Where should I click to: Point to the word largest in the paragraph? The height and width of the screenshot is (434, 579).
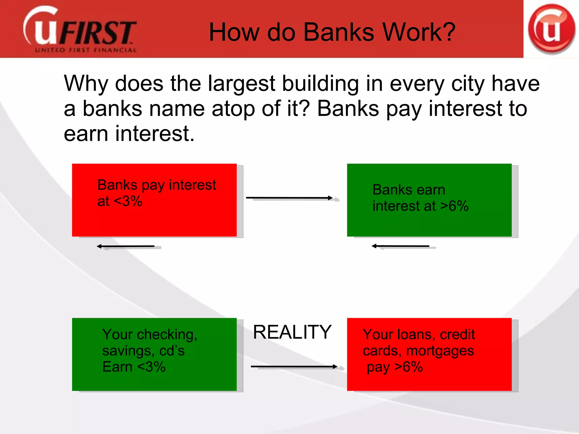tap(242, 84)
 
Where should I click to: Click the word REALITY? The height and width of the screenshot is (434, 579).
tap(292, 332)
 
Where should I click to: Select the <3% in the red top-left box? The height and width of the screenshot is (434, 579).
tap(128, 201)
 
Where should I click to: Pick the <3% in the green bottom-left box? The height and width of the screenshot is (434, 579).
tap(151, 367)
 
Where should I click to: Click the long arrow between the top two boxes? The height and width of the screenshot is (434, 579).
tap(289, 198)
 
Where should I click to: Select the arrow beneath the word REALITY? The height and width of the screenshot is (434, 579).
tap(294, 367)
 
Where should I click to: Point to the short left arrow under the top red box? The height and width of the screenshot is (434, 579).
tap(126, 246)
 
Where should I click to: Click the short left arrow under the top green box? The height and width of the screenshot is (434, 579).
tap(401, 246)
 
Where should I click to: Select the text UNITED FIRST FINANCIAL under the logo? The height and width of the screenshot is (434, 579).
tap(86, 50)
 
